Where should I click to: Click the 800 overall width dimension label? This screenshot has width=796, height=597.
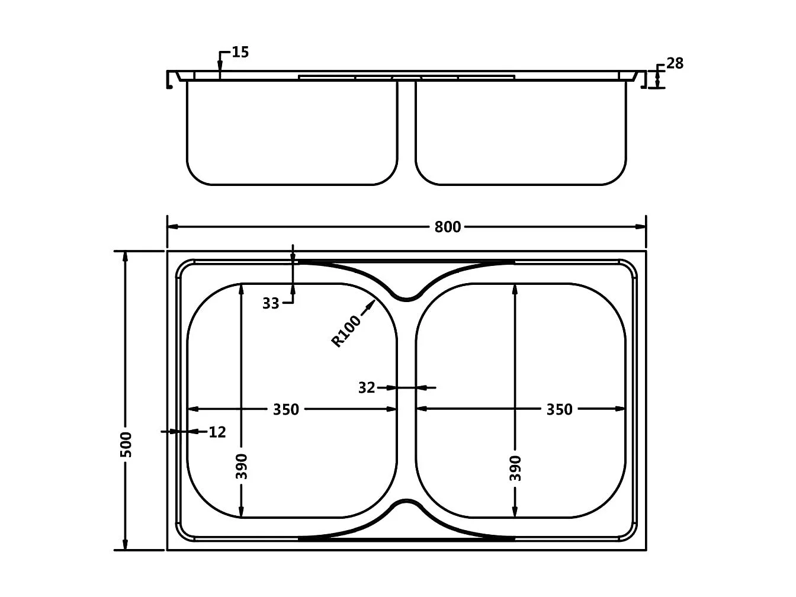coord(447,227)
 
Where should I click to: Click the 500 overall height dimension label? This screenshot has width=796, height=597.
coord(126,444)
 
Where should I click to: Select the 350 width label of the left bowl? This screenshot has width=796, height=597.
coord(286,409)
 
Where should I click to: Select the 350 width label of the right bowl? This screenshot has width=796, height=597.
coord(559,409)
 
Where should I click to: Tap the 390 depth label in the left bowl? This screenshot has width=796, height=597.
coord(241,466)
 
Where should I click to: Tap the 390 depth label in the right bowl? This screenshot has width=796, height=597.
coord(515,468)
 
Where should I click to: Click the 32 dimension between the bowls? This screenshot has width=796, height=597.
coord(367,388)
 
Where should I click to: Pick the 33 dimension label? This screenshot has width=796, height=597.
coord(271,304)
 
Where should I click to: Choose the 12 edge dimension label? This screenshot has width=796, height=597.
coord(217,432)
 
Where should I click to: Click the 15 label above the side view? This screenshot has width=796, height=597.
coord(240,52)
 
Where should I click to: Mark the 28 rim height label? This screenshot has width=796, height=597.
coord(675,63)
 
